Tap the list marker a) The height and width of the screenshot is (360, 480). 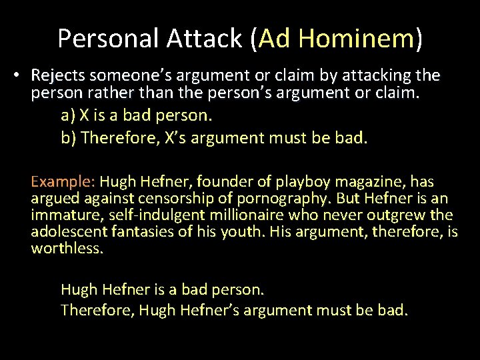[x=68, y=115]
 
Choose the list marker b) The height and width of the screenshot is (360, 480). [x=69, y=138]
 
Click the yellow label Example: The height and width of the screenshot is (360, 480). [x=63, y=182]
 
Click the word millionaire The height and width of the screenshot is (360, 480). [x=251, y=215]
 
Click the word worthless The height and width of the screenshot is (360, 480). [x=67, y=249]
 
